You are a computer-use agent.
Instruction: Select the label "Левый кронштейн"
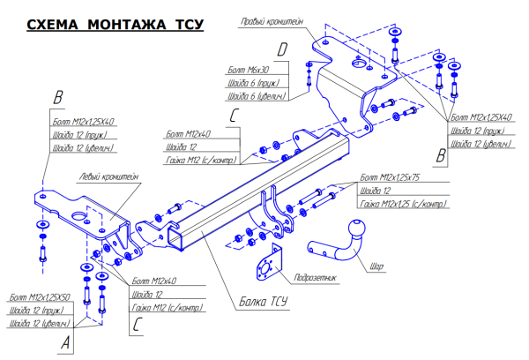coord(108,176)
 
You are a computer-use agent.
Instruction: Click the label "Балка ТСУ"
coord(263,303)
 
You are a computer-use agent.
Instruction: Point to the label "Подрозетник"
coord(315,277)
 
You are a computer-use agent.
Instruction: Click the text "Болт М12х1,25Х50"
coord(39,297)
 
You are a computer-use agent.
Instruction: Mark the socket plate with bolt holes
coord(267,266)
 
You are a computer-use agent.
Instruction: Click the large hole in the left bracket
coord(78,217)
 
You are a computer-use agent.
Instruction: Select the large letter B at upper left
coord(58,97)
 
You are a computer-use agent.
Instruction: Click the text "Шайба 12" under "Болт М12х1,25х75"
coord(376,191)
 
